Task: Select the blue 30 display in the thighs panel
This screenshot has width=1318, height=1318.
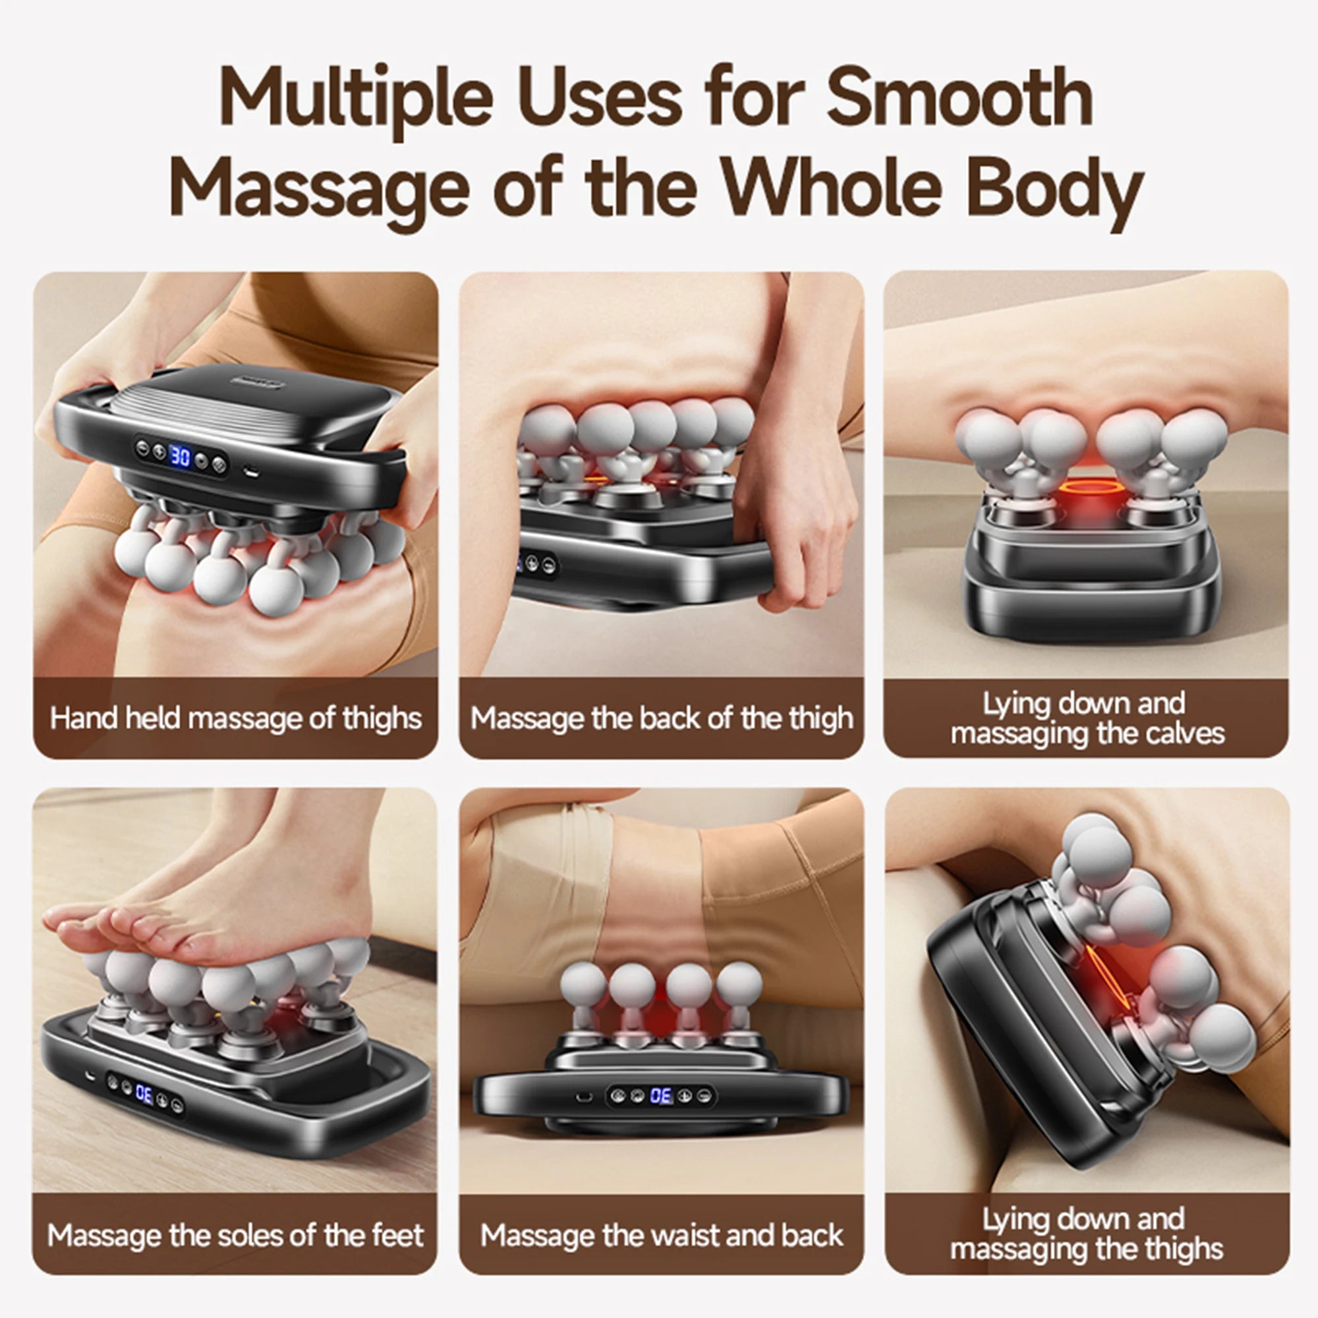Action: pyautogui.click(x=179, y=455)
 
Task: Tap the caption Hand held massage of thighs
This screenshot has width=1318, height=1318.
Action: pyautogui.click(x=235, y=718)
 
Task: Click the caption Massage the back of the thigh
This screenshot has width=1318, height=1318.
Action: pyautogui.click(x=661, y=718)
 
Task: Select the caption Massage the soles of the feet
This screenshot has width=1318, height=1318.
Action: pyautogui.click(x=235, y=1236)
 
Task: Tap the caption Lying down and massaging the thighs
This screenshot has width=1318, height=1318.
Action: pyautogui.click(x=1086, y=1234)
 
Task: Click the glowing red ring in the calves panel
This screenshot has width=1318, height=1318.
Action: pyautogui.click(x=1089, y=487)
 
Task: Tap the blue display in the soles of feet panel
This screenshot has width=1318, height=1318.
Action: pyautogui.click(x=144, y=1093)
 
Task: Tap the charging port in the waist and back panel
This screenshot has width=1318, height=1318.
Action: pyautogui.click(x=583, y=1097)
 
